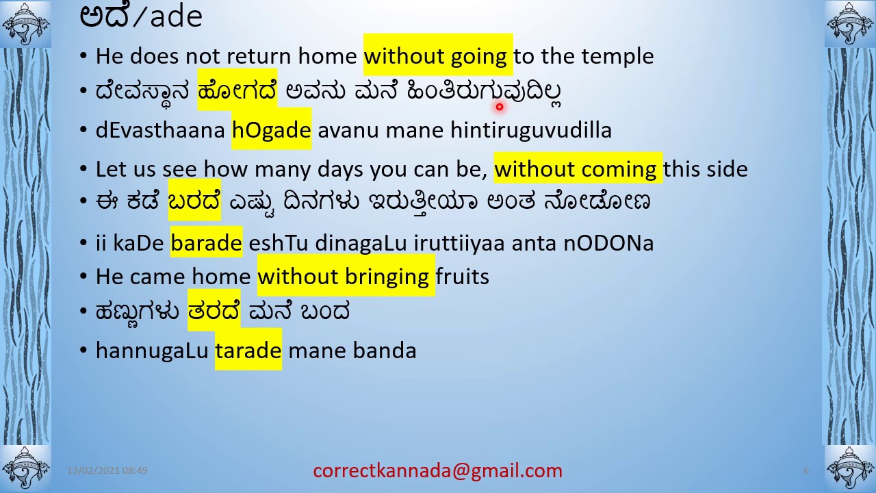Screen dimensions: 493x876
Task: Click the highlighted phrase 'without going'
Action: [x=437, y=56]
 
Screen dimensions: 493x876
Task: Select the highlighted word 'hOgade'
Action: [x=272, y=130]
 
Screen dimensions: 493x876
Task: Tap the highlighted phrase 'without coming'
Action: [x=577, y=169]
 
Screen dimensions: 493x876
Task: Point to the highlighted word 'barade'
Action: [x=206, y=243]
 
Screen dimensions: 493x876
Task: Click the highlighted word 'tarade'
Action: [x=248, y=351]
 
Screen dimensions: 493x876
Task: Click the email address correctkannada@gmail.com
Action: [x=437, y=471]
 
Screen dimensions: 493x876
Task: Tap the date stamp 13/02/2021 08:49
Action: [x=107, y=471]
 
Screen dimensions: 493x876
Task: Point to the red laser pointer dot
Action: [x=500, y=107]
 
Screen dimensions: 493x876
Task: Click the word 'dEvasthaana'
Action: [x=160, y=130]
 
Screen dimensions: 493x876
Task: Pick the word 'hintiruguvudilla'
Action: [x=530, y=130]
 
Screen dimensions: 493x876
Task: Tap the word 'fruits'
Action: [x=462, y=277]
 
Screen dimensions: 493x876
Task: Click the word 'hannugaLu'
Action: [x=152, y=351]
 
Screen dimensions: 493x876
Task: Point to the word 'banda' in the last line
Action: [x=385, y=351]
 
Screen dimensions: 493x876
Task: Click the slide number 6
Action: [x=806, y=471]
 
